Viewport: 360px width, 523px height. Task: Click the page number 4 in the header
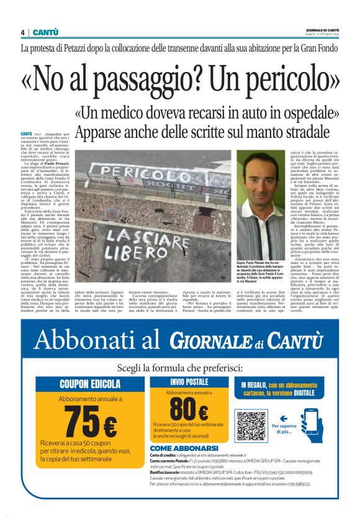22,32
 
